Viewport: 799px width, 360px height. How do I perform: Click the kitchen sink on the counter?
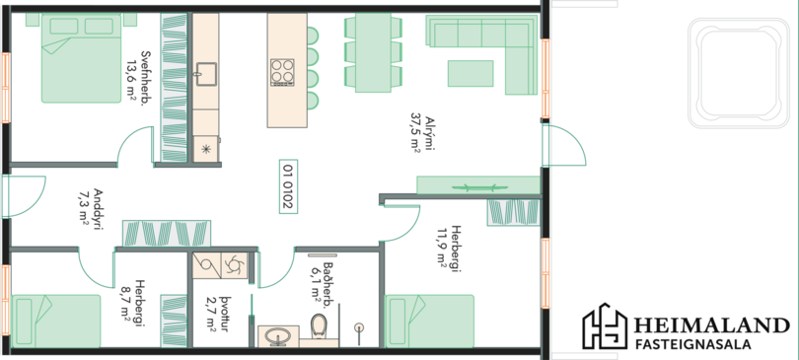pyautogui.click(x=206, y=74)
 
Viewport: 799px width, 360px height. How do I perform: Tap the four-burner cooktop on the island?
pyautogui.click(x=282, y=71)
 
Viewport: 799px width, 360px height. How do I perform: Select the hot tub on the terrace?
pyautogui.click(x=740, y=73)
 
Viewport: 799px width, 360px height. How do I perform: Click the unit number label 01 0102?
pyautogui.click(x=288, y=186)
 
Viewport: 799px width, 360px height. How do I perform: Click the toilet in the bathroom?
pyautogui.click(x=320, y=325)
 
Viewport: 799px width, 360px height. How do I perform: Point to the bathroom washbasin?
pyautogui.click(x=278, y=336)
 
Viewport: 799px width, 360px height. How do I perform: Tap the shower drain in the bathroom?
pyautogui.click(x=360, y=326)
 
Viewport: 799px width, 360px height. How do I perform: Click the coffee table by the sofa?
pyautogui.click(x=471, y=73)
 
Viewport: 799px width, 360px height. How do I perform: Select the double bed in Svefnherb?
pyautogui.click(x=82, y=58)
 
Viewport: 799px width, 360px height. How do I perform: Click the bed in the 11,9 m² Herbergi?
pyautogui.click(x=429, y=322)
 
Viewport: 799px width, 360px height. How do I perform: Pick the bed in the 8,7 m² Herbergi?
pyautogui.click(x=55, y=322)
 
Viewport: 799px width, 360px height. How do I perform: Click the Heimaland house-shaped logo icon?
pyautogui.click(x=605, y=326)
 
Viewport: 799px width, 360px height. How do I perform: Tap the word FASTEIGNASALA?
pyautogui.click(x=693, y=344)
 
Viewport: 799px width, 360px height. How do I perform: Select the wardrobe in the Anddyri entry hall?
pyautogui.click(x=166, y=234)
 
